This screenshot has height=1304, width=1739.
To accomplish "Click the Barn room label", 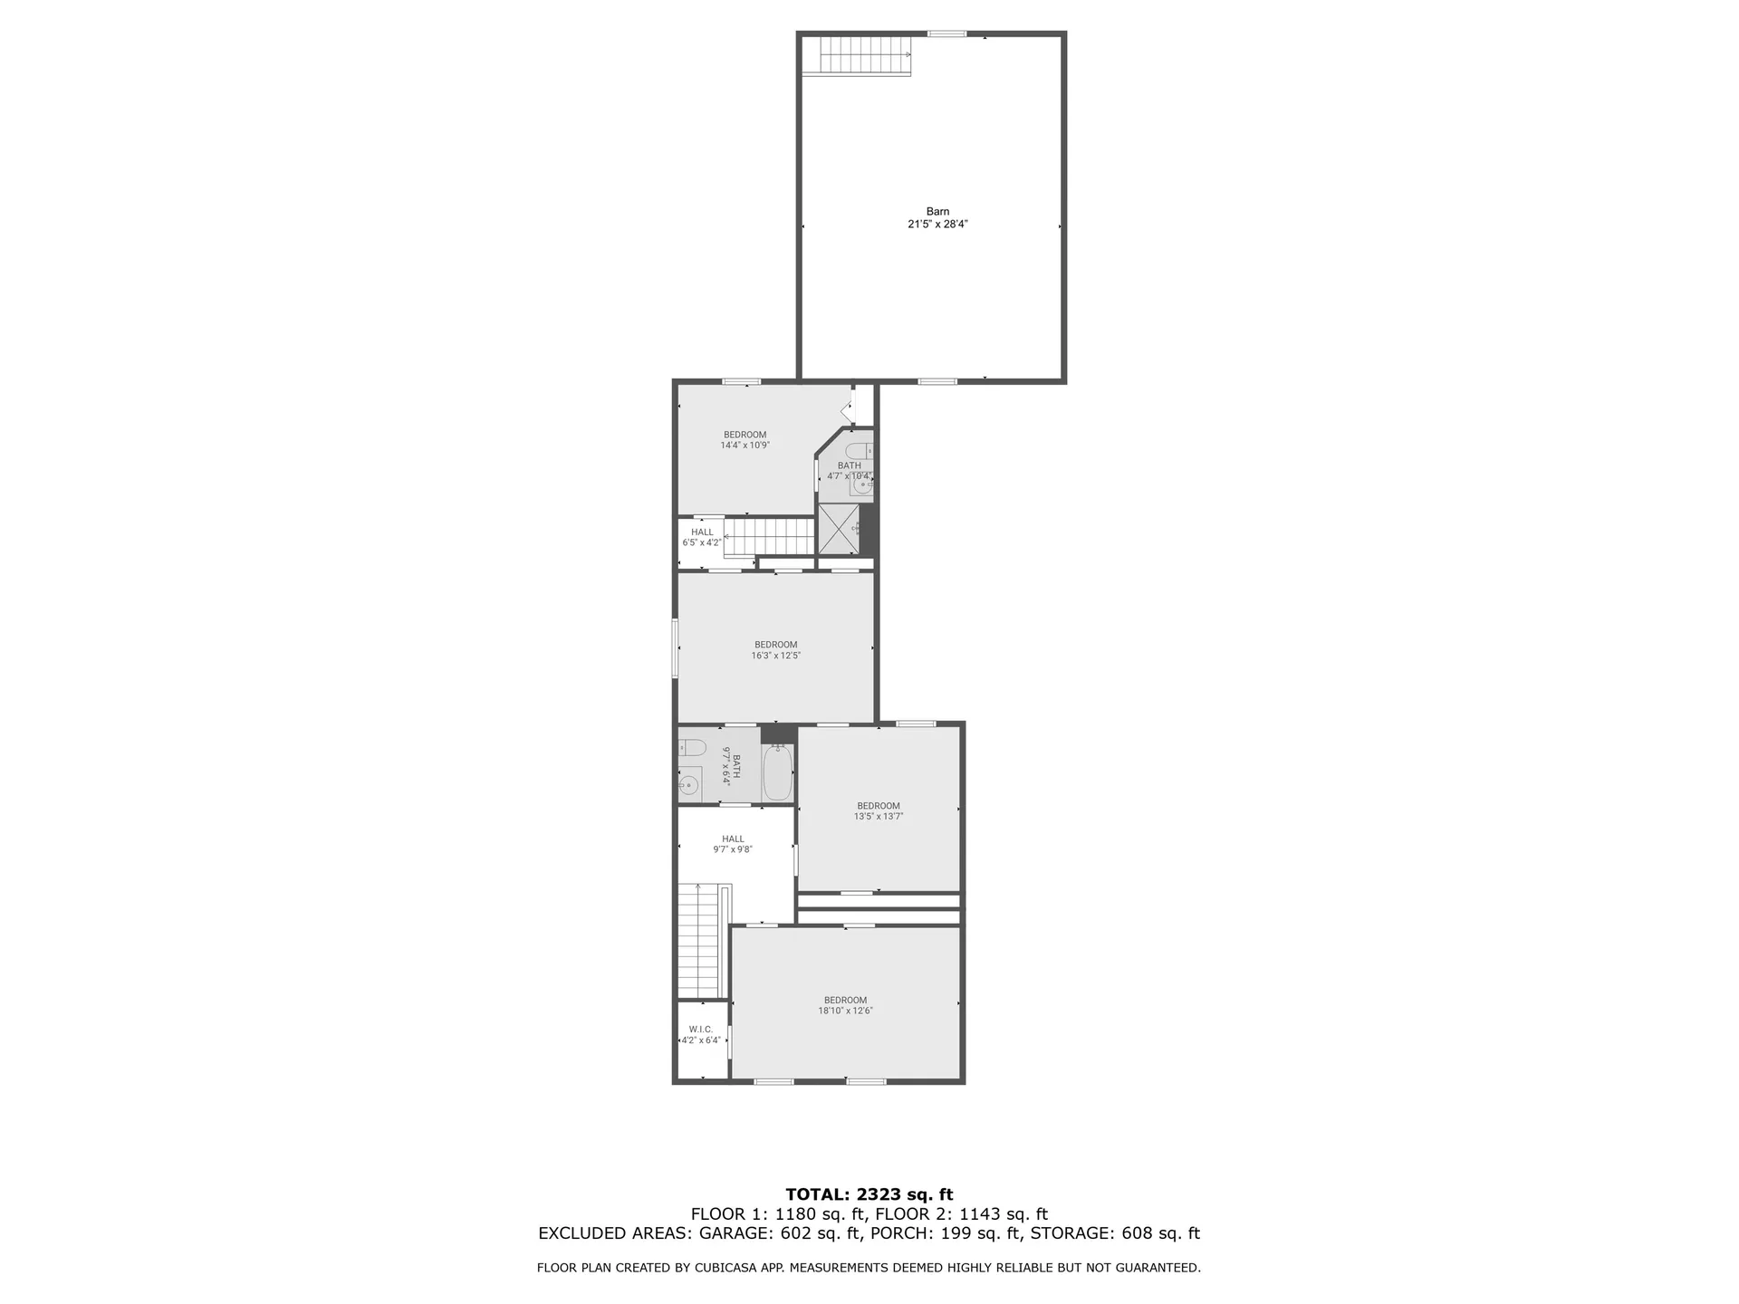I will (937, 212).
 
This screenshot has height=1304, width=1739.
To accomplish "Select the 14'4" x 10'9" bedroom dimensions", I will (745, 446).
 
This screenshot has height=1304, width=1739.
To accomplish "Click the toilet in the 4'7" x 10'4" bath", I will (858, 451).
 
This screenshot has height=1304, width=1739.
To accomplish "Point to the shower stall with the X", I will (838, 530).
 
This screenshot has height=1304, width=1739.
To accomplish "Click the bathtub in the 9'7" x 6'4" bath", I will (778, 772).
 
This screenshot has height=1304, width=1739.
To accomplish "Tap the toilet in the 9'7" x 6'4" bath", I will (693, 748).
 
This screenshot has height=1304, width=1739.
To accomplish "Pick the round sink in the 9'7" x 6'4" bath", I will (689, 785).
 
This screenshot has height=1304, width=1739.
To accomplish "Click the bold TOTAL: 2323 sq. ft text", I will (869, 1194).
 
